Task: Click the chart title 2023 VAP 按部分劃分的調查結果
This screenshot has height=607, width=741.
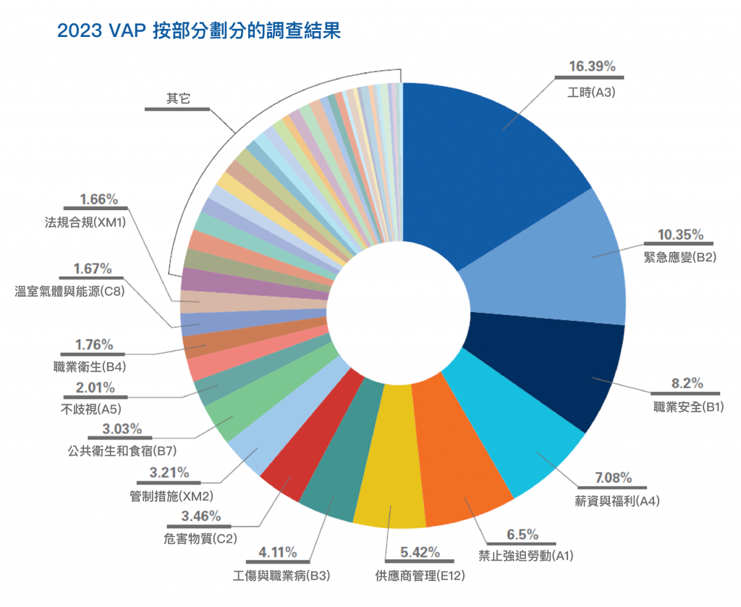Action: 198,32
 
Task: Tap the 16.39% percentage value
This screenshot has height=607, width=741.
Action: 591,67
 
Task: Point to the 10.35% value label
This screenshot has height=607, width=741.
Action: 679,235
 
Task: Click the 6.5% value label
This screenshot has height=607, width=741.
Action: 522,535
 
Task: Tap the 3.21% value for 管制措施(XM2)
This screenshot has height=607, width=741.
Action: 170,473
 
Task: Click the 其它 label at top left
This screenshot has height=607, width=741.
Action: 178,99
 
